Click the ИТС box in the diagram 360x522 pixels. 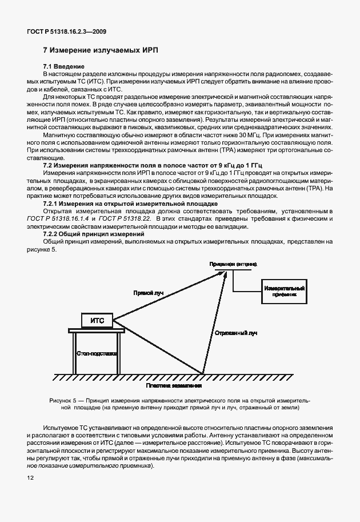point(97,321)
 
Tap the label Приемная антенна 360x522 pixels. point(233,264)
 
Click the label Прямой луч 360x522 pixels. point(148,292)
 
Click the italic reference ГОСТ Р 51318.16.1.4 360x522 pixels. point(70,219)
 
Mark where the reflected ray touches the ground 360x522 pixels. point(203,374)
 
